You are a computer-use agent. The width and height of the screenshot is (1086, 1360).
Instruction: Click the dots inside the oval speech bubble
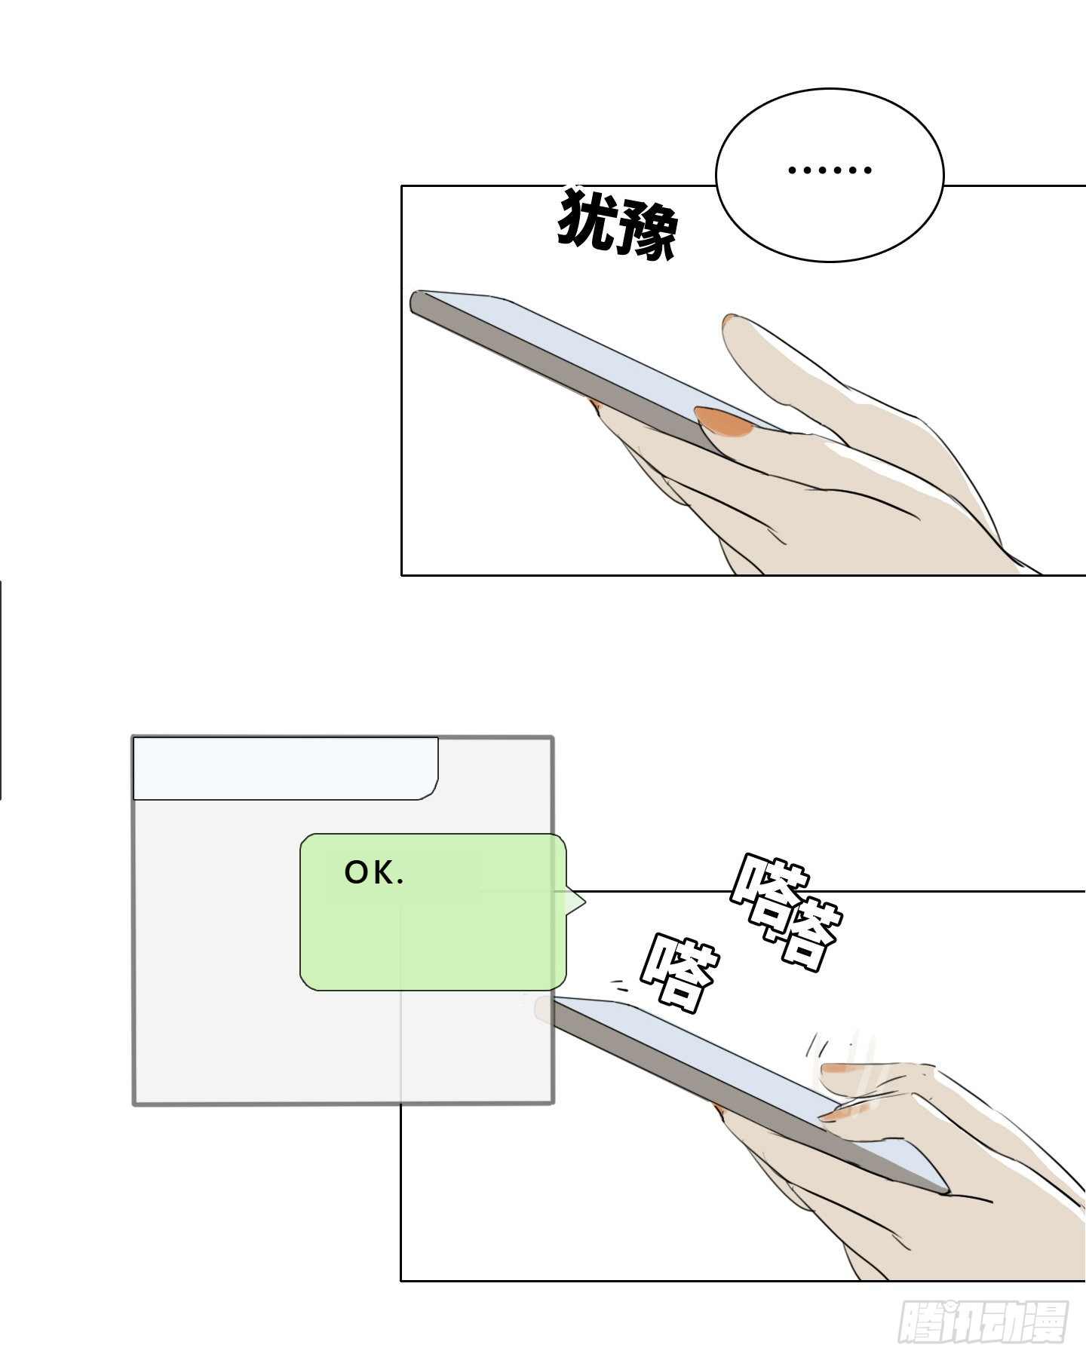pyautogui.click(x=830, y=170)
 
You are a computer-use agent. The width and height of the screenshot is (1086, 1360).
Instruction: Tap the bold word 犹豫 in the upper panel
pyautogui.click(x=617, y=223)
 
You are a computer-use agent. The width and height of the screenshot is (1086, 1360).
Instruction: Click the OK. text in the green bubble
pyautogui.click(x=374, y=872)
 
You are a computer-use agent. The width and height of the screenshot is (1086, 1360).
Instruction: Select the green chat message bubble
pyautogui.click(x=433, y=911)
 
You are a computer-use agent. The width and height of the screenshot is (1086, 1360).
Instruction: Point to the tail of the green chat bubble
pyautogui.click(x=576, y=900)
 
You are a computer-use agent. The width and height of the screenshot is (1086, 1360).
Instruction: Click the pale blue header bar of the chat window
pyautogui.click(x=285, y=768)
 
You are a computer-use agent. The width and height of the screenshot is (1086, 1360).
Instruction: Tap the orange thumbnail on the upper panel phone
pyautogui.click(x=724, y=422)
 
